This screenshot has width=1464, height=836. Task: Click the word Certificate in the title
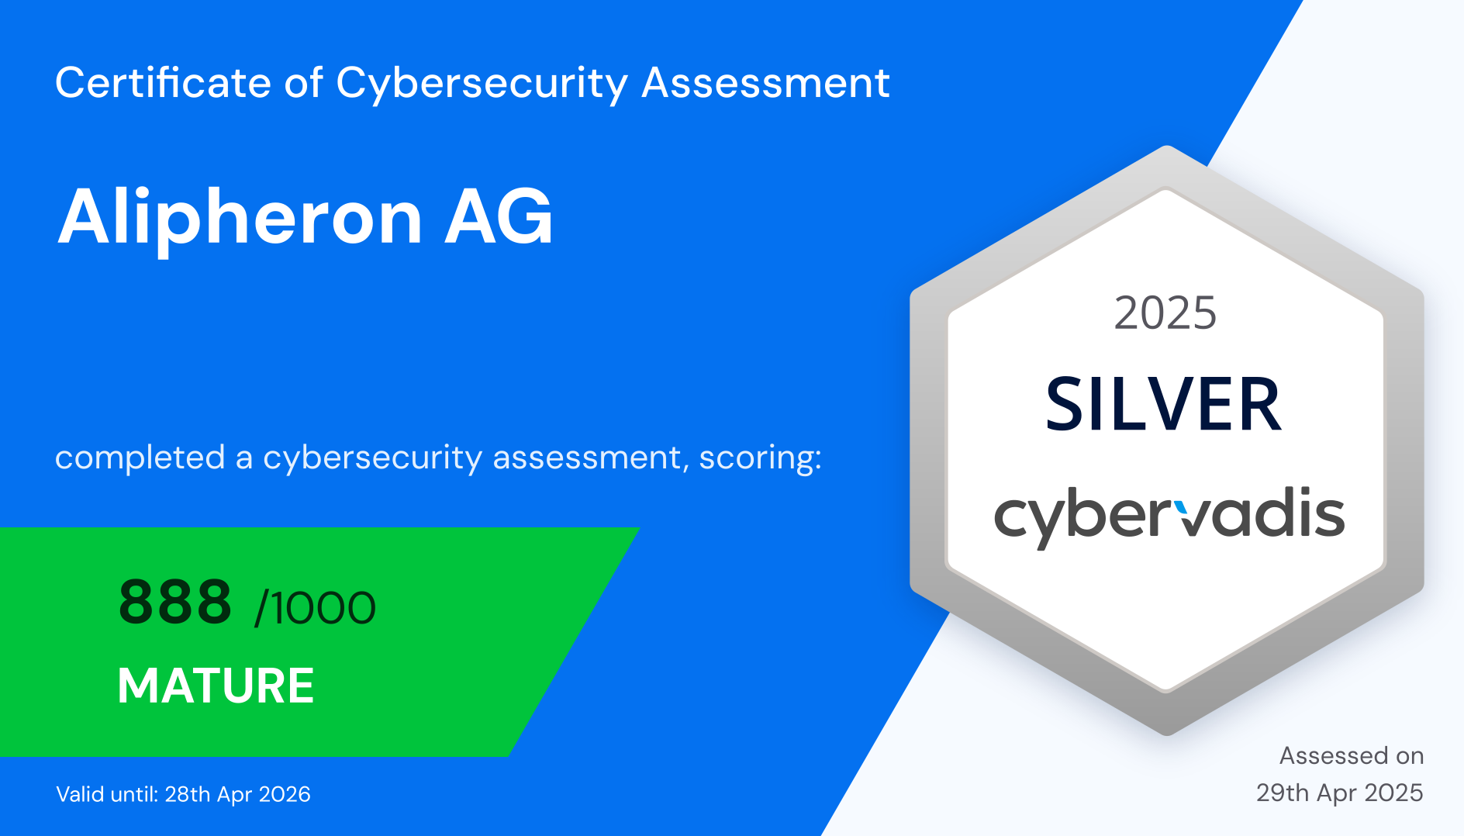[163, 82]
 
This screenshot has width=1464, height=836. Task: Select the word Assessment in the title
[766, 82]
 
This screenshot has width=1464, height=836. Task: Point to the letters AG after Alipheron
[499, 217]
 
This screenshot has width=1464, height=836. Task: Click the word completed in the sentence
[140, 458]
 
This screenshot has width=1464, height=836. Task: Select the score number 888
[175, 602]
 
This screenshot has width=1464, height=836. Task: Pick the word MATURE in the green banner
[216, 686]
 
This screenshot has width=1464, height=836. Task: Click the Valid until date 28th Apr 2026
[237, 794]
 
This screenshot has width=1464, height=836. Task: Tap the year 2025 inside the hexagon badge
[1165, 313]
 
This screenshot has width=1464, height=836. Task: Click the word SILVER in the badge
[1163, 404]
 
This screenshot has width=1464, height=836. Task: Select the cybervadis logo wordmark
[1169, 516]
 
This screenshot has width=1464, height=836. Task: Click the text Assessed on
[1352, 755]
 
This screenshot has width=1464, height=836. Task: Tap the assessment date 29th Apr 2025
[1340, 793]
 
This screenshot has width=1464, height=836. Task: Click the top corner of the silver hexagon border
[1167, 147]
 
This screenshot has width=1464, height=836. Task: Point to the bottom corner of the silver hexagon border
[1167, 734]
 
